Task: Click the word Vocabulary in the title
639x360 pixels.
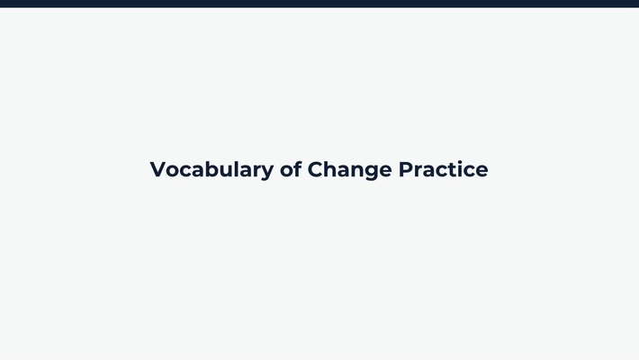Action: click(x=211, y=169)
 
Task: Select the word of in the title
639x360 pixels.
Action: click(x=291, y=169)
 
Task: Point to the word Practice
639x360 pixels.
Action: click(x=444, y=169)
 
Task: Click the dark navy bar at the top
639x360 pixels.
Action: click(x=319, y=4)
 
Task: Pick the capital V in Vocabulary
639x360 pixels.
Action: click(x=158, y=169)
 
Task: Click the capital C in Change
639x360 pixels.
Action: click(x=316, y=169)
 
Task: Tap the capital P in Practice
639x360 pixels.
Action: click(x=406, y=169)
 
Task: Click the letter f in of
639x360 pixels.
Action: click(x=298, y=168)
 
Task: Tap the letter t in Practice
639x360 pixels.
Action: click(x=450, y=169)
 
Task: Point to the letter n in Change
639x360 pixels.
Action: click(x=358, y=170)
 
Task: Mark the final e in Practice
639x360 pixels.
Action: click(x=481, y=170)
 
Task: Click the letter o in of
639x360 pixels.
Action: click(x=287, y=170)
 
